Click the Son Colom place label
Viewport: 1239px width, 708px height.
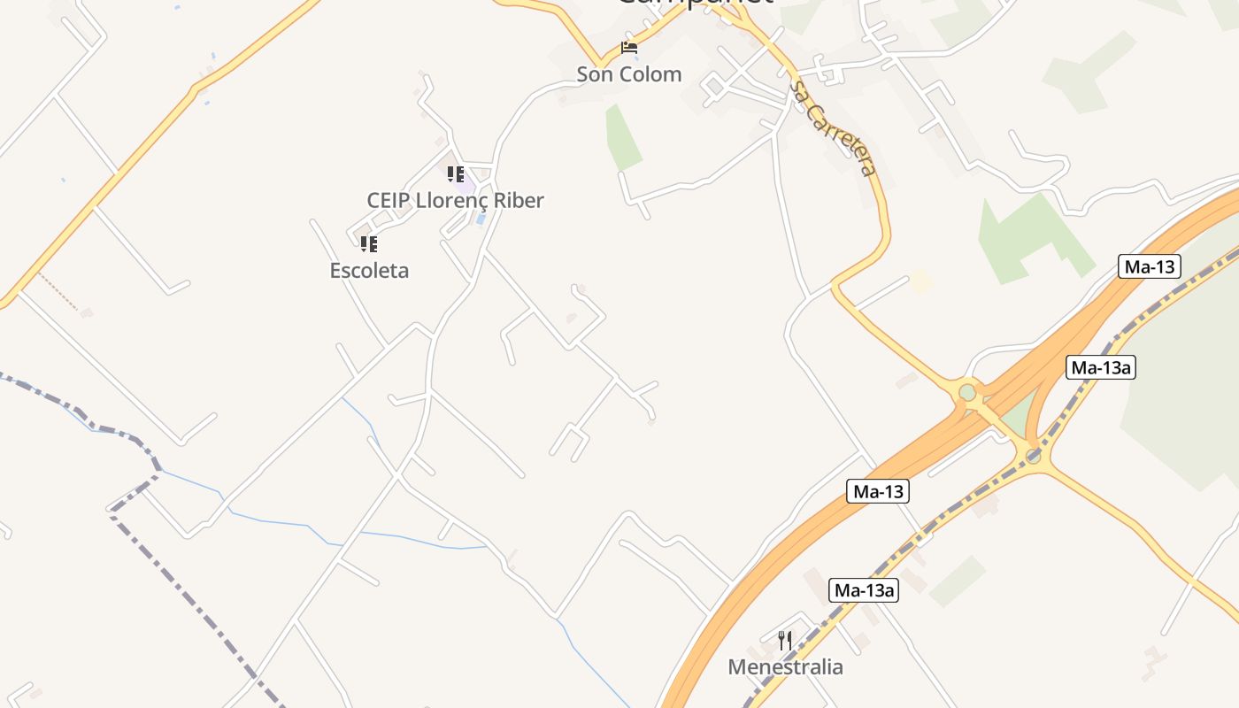pos(629,74)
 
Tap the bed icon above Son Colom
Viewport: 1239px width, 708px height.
pos(629,48)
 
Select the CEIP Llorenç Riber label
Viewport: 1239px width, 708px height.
pos(455,201)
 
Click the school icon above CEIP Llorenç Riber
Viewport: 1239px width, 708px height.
pos(455,174)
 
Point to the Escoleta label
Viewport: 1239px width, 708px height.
pos(369,271)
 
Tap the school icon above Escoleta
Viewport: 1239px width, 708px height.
pos(368,243)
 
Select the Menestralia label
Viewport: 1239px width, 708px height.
pos(785,667)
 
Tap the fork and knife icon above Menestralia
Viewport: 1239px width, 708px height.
pos(785,641)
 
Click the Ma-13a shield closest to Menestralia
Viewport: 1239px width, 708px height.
pos(864,590)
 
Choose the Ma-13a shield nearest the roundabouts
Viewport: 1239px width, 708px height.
pos(1100,367)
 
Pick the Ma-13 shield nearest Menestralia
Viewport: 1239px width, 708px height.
pos(878,491)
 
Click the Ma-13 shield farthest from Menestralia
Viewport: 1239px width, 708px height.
pos(1150,266)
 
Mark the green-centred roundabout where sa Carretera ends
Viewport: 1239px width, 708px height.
pos(967,391)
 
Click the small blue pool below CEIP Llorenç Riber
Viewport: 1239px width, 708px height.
pos(480,218)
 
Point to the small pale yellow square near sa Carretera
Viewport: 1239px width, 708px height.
pos(921,281)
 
